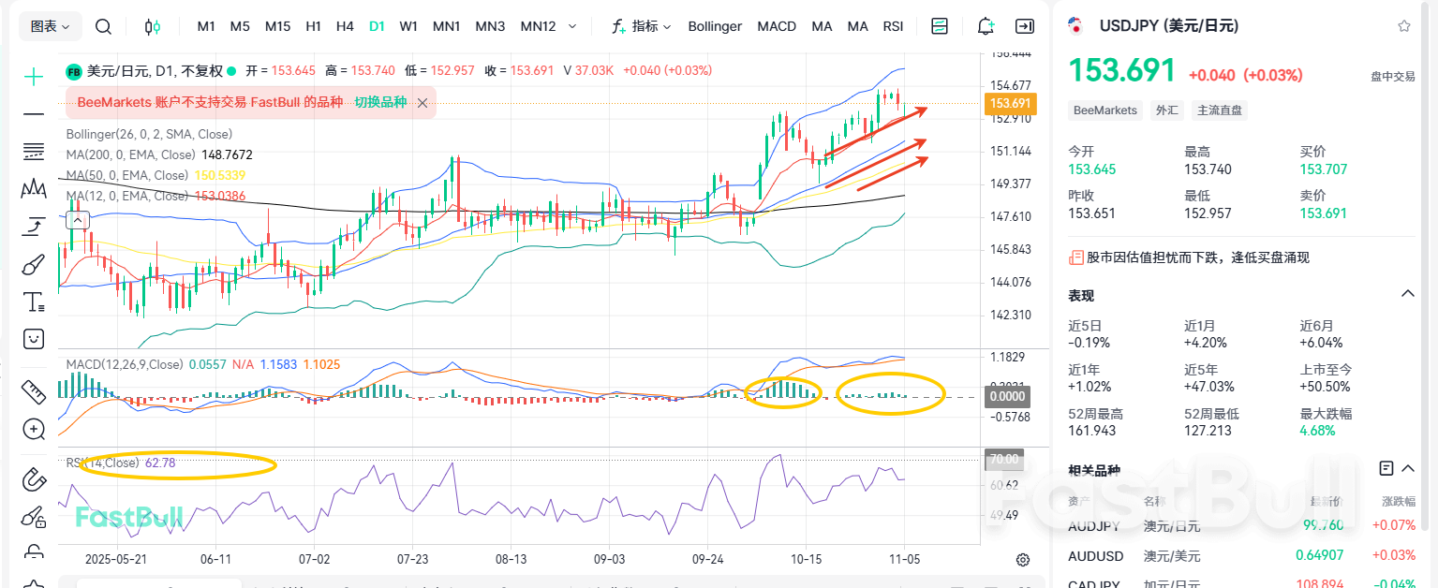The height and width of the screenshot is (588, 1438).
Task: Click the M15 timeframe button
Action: pos(277,26)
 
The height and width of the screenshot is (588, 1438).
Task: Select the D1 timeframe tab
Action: pos(377,26)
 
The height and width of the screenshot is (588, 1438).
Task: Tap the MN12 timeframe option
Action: pos(538,26)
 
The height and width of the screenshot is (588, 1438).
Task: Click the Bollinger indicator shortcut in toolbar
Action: pos(715,26)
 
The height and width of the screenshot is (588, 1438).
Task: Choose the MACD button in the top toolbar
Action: pos(777,26)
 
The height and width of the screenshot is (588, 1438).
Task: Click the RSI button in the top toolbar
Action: pos(893,26)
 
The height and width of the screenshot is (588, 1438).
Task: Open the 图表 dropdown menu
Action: pos(51,26)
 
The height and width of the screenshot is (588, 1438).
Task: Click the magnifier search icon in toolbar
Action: pos(104,26)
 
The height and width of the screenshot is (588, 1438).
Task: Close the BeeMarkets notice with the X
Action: pos(423,103)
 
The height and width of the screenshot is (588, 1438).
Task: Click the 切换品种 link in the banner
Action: pos(379,102)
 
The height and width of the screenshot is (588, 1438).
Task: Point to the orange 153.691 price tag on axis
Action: pos(1010,103)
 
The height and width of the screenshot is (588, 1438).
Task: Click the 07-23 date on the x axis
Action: pos(412,559)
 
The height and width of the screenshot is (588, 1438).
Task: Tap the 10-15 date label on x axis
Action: pos(806,559)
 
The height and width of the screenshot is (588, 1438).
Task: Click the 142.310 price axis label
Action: pos(1010,316)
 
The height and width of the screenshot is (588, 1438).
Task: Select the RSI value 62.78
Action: pos(160,463)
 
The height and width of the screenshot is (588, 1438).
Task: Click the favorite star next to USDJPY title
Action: pos(1403,26)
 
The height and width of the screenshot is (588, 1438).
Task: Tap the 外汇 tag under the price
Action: pos(1167,110)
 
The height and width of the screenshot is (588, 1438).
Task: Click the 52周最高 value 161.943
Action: pos(1092,431)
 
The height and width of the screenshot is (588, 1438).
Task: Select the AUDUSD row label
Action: pos(1095,556)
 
